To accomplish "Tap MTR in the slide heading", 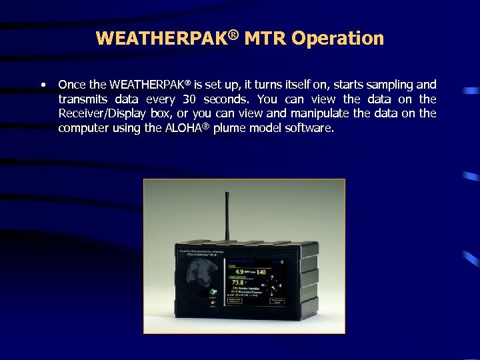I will (x=264, y=39).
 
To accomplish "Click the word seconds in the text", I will (x=229, y=99).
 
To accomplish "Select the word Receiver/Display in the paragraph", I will (x=101, y=113).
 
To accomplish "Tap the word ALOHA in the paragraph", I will (x=179, y=128).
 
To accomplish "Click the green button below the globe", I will (x=213, y=292).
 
